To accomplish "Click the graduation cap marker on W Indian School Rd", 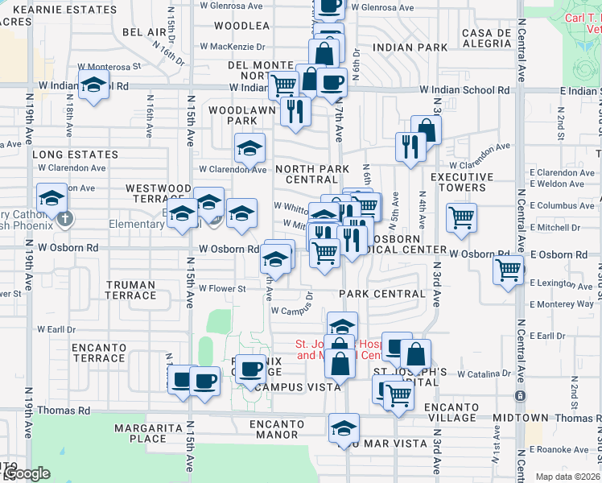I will tap(94, 84).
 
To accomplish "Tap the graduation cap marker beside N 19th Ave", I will tap(52, 197).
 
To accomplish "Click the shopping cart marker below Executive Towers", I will tap(461, 216).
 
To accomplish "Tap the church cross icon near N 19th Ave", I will tap(65, 218).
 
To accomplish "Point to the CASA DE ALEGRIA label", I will tap(487, 38).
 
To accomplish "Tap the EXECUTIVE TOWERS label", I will tap(458, 182).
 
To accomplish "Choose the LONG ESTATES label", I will tap(75, 154).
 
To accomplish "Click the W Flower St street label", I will tap(222, 288).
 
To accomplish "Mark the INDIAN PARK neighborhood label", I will tap(411, 47).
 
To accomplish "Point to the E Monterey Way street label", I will tap(562, 304).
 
